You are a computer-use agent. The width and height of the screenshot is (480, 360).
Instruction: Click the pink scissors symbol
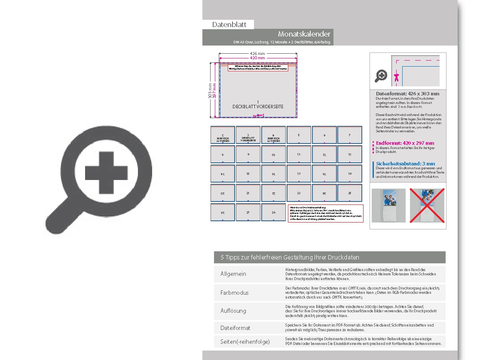coord(396,77)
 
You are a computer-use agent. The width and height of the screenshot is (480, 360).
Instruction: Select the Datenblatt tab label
coord(229,24)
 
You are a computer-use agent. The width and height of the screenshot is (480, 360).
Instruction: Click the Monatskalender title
coord(304,34)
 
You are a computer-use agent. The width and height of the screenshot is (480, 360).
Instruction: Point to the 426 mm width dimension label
coord(257,53)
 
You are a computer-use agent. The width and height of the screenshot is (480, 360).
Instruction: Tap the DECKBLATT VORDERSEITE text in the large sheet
coord(258,106)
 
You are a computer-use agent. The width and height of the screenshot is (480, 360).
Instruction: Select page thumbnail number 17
coord(299,174)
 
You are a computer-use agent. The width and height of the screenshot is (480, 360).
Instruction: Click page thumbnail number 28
coord(273,212)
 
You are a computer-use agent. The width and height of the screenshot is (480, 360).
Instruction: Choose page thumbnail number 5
coord(299,135)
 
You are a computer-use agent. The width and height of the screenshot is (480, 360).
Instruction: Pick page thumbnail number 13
coord(349,154)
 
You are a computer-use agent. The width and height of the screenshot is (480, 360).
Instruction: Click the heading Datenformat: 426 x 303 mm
coord(407,94)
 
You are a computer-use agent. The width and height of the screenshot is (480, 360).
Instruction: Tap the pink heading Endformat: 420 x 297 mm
coord(405,143)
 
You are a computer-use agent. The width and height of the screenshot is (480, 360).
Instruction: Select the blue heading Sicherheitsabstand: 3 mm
coord(405,164)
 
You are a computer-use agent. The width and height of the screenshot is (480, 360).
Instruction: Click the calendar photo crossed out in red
coord(427,205)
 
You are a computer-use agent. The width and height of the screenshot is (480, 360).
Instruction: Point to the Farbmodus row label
coord(234,293)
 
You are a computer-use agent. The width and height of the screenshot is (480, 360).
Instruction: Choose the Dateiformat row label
coord(235,328)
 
